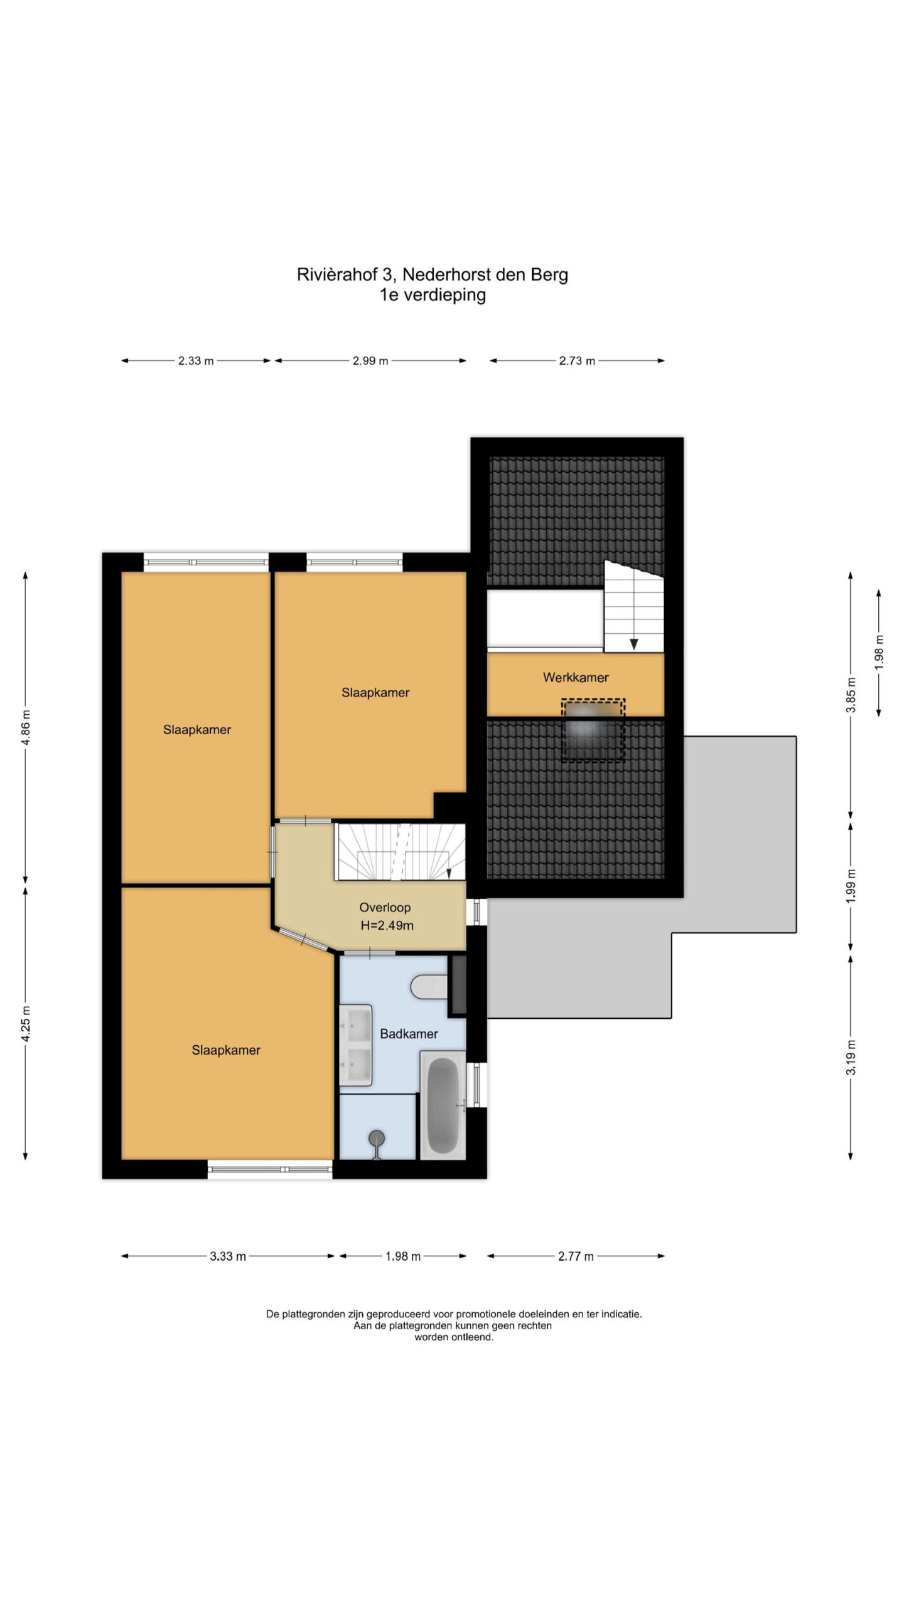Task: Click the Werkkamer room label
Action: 575,678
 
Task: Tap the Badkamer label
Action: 409,1034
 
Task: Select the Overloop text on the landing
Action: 385,908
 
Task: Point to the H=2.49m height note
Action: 387,925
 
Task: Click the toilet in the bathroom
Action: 429,987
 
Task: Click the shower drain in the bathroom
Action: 377,1137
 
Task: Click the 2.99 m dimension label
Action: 370,361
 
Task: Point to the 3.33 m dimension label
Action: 228,1256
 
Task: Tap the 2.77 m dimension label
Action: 576,1256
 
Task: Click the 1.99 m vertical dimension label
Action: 851,886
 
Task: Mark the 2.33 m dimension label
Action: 196,361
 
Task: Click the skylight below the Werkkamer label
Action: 593,730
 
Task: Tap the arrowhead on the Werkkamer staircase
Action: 634,644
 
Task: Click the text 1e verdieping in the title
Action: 433,295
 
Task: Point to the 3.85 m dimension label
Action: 851,695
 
